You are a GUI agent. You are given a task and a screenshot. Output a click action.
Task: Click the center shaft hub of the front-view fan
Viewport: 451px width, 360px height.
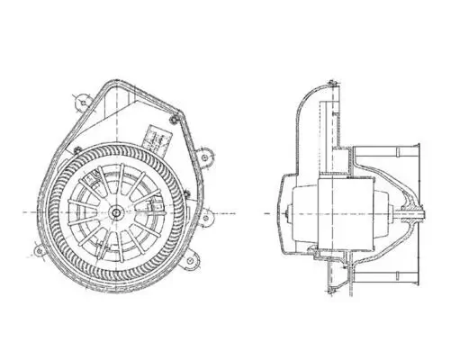click(117, 212)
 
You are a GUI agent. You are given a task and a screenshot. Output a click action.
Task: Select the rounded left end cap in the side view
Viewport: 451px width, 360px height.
click(298, 212)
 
